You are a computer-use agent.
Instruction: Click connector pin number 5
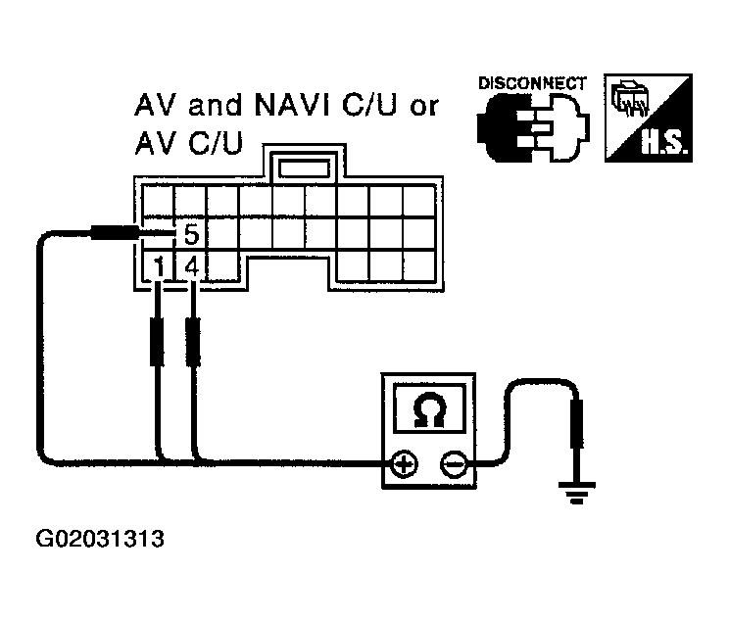tap(191, 235)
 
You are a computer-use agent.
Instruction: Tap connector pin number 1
tap(159, 265)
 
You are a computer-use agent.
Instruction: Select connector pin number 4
tap(192, 265)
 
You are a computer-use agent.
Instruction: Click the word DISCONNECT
tap(532, 83)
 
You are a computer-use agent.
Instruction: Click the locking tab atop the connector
tap(304, 167)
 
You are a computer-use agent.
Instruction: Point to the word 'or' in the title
tap(423, 107)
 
